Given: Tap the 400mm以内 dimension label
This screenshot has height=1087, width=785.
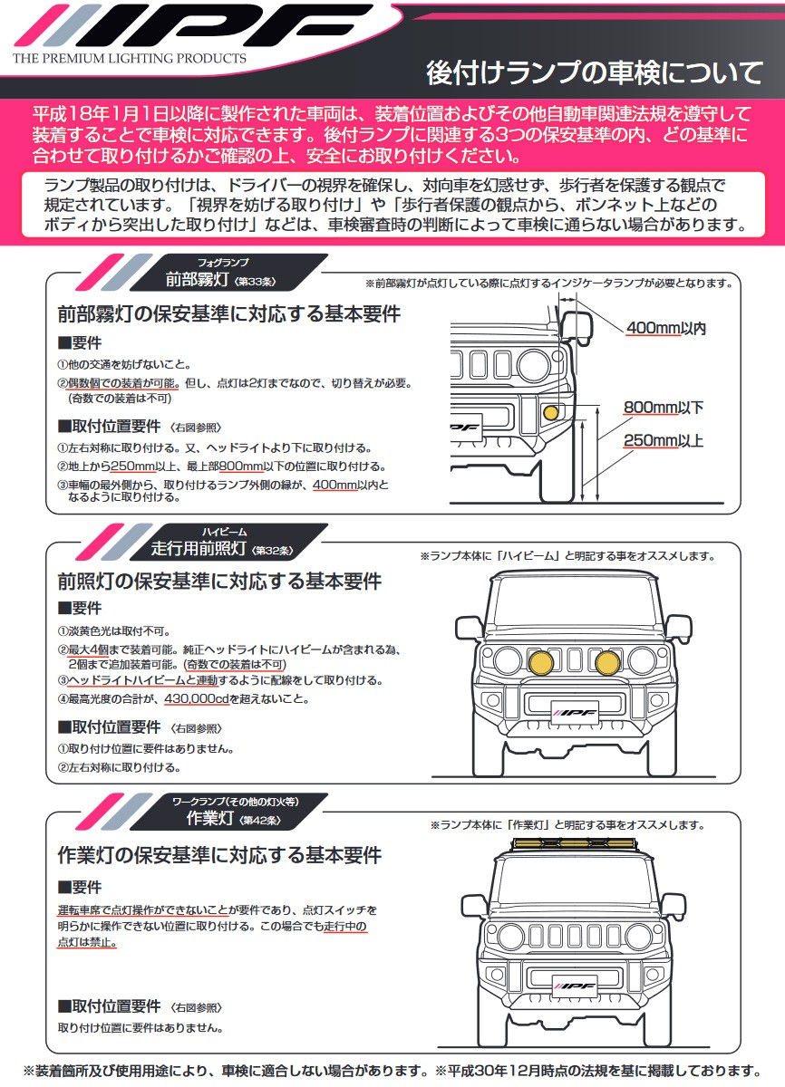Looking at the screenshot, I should [x=664, y=328].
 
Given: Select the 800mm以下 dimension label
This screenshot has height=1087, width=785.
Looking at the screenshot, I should [x=663, y=408].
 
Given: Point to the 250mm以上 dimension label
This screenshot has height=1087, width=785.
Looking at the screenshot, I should [x=663, y=442].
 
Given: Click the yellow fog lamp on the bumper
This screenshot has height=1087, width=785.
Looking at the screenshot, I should [x=550, y=413].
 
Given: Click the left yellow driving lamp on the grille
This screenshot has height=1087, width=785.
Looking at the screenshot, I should [x=542, y=662].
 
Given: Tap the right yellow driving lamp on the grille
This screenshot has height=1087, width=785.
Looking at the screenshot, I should [x=608, y=662].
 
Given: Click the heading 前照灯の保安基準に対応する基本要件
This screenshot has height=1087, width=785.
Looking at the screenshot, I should [x=219, y=581].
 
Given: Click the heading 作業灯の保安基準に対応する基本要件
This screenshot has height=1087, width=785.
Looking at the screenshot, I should [x=219, y=855].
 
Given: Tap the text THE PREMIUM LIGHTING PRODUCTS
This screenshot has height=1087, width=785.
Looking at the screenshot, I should [x=129, y=58].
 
